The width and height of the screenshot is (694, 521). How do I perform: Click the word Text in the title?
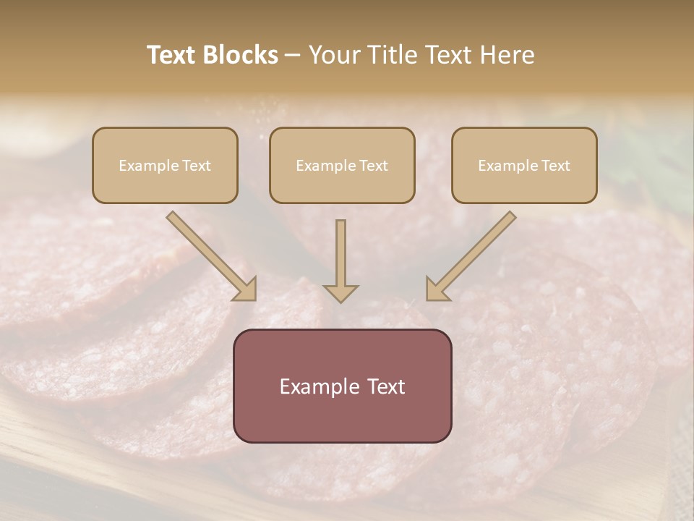(x=173, y=55)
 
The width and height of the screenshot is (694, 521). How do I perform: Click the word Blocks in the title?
(x=242, y=55)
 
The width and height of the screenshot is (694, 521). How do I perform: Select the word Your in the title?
(x=336, y=55)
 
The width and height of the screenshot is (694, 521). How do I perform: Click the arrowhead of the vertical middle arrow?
(x=340, y=293)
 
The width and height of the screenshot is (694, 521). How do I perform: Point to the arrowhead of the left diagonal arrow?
(x=246, y=289)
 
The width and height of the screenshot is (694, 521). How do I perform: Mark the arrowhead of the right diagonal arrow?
(x=436, y=289)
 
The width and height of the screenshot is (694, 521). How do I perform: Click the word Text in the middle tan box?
(x=373, y=166)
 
